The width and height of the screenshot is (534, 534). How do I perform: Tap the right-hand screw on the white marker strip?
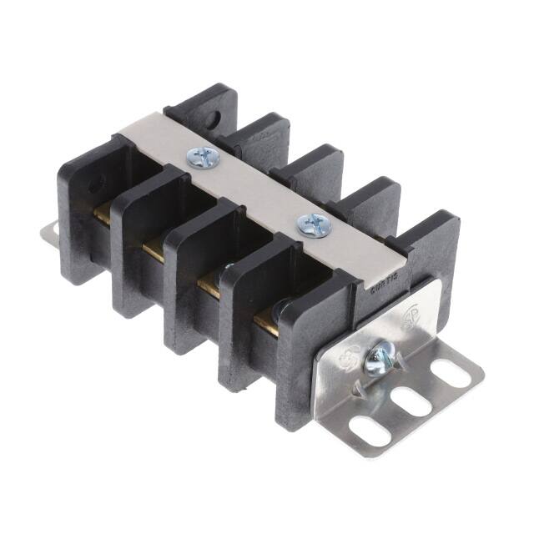coord(315,223)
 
